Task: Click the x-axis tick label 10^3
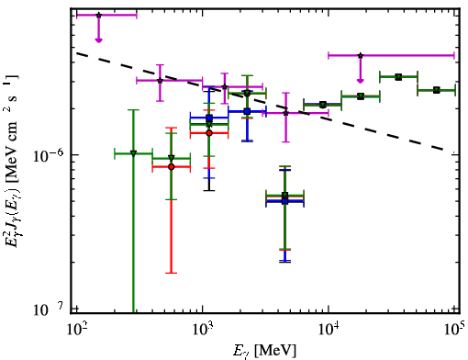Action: [203, 329]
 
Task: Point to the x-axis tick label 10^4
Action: [329, 329]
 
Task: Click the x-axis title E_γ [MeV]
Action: [264, 350]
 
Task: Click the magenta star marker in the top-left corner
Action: [98, 15]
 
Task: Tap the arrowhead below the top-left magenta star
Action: [98, 40]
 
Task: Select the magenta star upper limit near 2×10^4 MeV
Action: [361, 55]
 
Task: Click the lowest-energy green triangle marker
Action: [133, 153]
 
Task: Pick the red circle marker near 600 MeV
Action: [172, 167]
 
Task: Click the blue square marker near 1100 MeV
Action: [209, 118]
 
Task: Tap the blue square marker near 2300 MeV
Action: [247, 111]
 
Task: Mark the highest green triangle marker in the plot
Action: [398, 77]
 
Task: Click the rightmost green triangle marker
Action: [437, 90]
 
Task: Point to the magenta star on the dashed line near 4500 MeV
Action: [285, 113]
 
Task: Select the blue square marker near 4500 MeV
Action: [285, 201]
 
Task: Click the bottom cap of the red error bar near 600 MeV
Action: [172, 273]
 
